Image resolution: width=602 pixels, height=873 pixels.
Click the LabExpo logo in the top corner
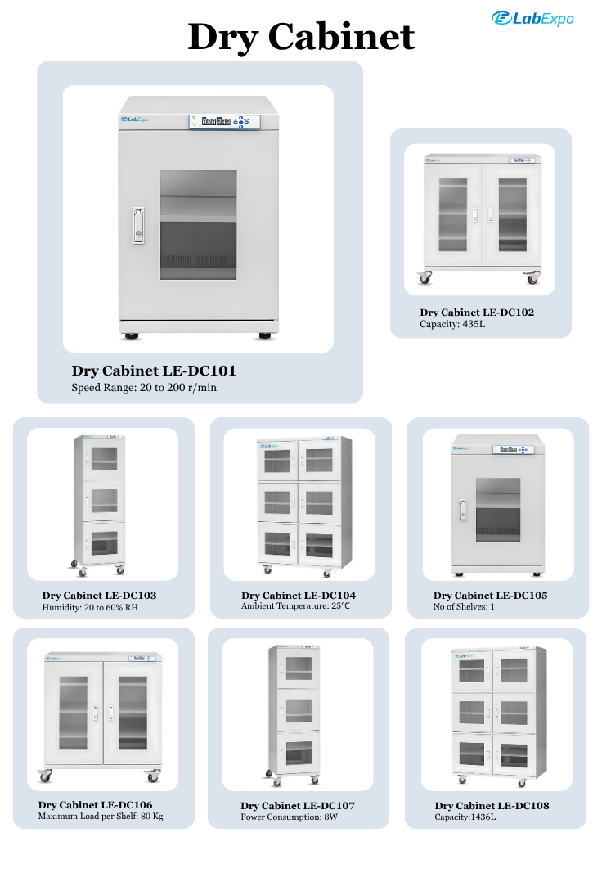click(x=532, y=19)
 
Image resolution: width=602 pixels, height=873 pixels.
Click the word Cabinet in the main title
click(x=341, y=38)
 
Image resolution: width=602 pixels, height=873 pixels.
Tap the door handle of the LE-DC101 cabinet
click(x=138, y=225)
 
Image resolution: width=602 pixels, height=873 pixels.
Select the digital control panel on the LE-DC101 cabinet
click(x=224, y=121)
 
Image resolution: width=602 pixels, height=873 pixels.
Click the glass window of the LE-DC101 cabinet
click(x=199, y=225)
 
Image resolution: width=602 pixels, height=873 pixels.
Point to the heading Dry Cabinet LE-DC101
click(x=154, y=371)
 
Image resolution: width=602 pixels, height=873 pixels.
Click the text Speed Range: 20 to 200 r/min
click(x=144, y=388)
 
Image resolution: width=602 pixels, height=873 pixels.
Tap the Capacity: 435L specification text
click(x=452, y=324)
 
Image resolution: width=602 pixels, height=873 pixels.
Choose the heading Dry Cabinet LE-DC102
click(x=477, y=313)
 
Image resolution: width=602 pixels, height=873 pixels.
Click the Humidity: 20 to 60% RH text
click(x=90, y=607)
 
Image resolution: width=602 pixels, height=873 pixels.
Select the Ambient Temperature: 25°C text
click(x=295, y=605)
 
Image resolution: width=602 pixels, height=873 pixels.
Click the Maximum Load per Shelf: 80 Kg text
click(x=101, y=817)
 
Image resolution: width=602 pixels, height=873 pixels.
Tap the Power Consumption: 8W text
click(x=290, y=817)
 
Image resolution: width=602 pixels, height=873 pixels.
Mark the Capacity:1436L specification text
click(x=465, y=817)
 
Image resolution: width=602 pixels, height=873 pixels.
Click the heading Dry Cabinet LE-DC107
click(x=298, y=806)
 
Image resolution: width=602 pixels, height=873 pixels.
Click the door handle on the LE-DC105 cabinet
click(x=463, y=510)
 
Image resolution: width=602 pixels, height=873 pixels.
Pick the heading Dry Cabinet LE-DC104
click(x=299, y=595)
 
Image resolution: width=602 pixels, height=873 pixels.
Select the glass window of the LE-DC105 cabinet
click(x=498, y=510)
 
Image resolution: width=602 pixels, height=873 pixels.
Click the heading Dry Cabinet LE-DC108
click(x=492, y=806)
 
